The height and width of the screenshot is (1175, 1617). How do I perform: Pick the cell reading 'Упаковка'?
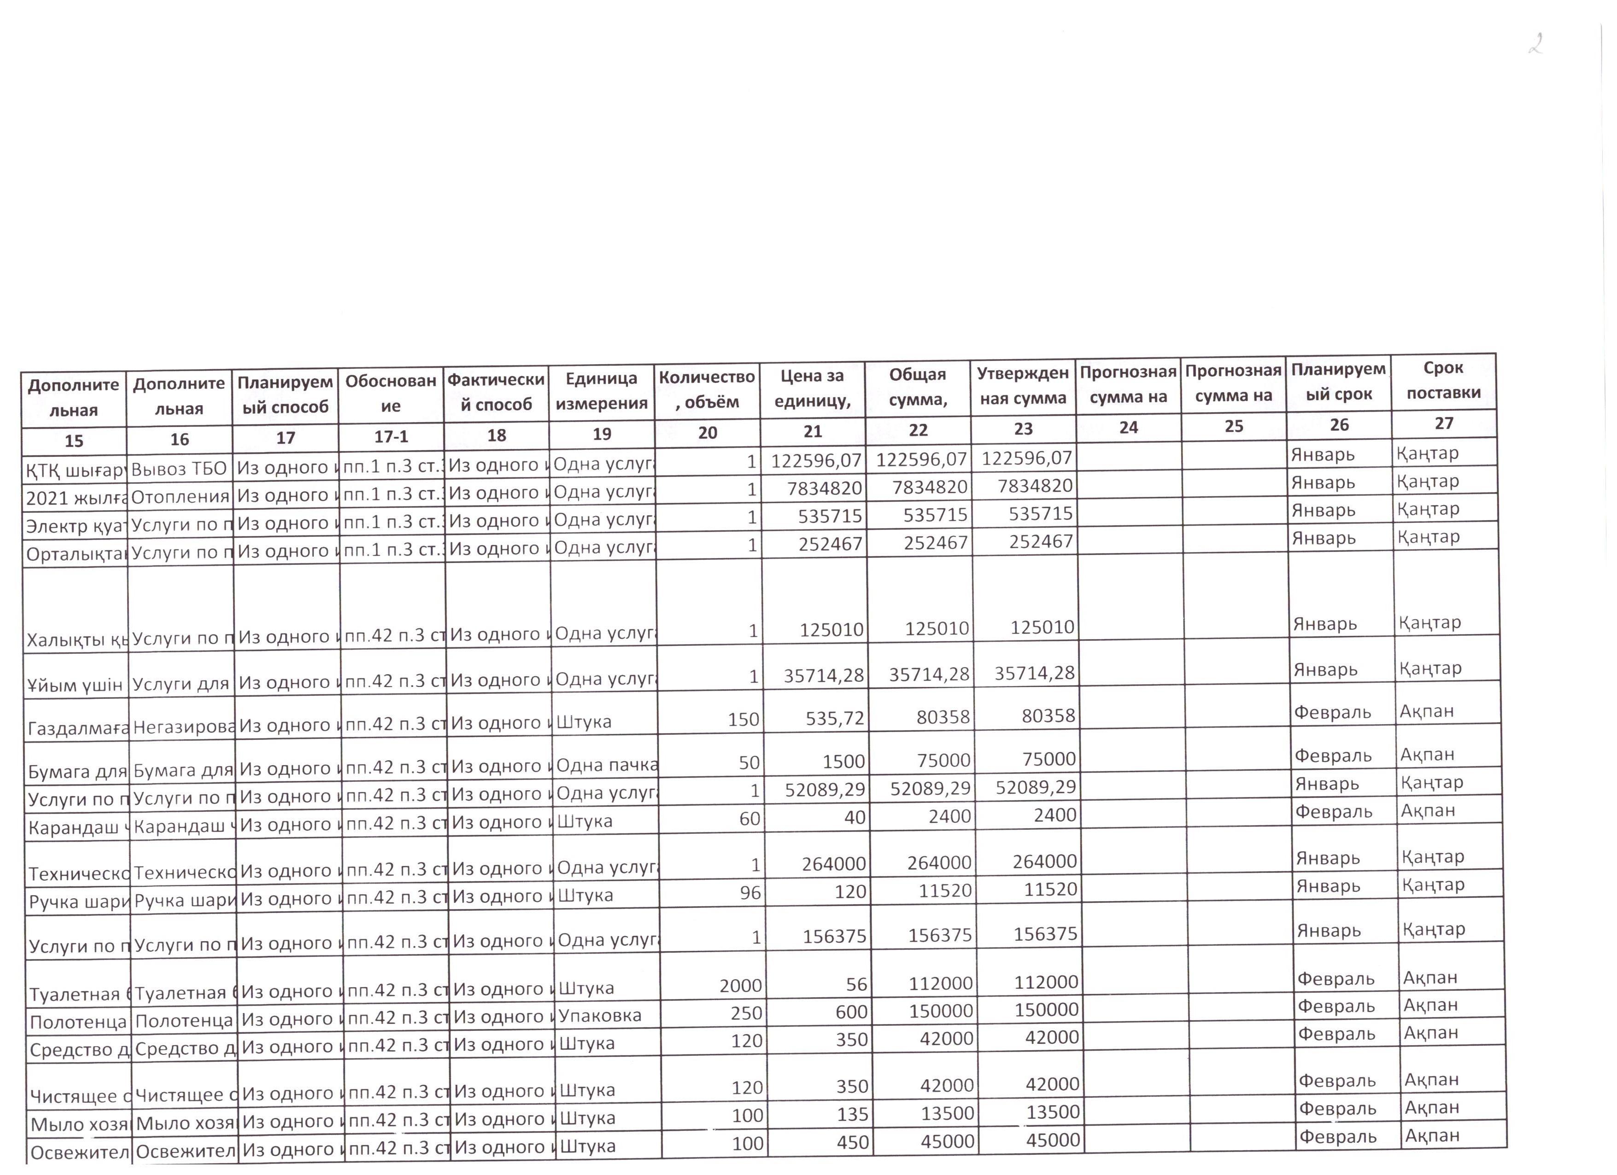point(600,1015)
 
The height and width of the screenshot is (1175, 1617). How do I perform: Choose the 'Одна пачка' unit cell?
point(606,765)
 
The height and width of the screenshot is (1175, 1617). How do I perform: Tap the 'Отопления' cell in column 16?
point(181,496)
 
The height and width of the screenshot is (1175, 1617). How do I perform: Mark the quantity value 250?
point(746,1013)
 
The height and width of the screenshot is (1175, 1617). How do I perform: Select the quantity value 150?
point(743,720)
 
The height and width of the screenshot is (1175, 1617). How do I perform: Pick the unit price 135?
point(853,1114)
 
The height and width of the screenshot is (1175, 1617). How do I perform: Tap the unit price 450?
point(853,1142)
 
